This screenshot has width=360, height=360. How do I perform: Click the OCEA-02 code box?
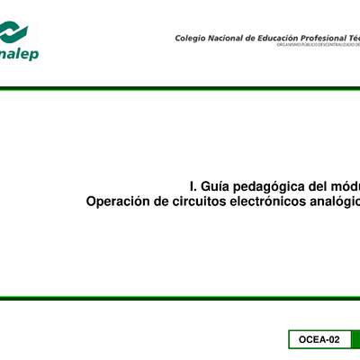[320, 339]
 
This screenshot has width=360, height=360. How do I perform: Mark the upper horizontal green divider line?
[180, 88]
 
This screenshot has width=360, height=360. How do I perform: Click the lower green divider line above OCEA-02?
[180, 299]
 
